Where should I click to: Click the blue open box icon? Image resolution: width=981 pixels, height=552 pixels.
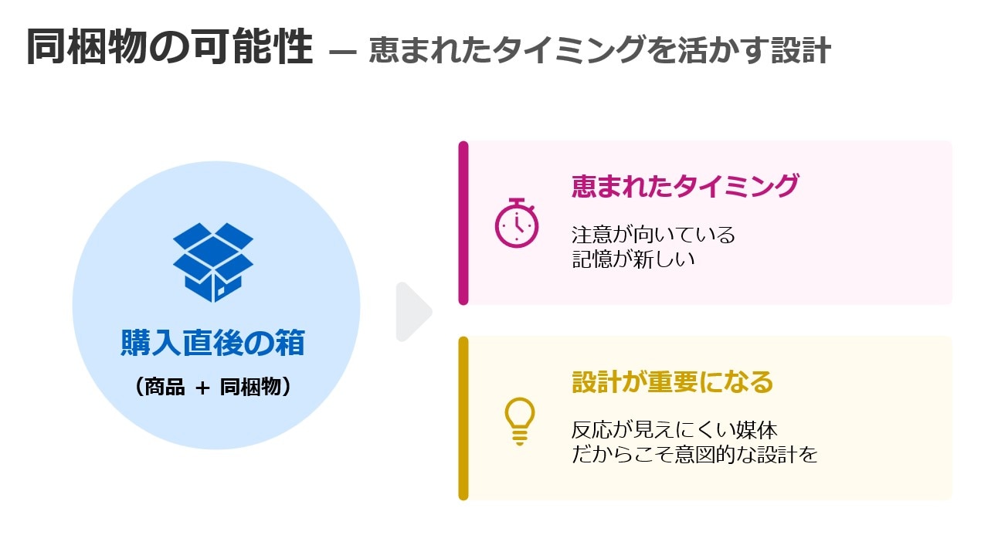[x=213, y=262]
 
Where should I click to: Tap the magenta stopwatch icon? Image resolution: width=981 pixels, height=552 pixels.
[x=516, y=223]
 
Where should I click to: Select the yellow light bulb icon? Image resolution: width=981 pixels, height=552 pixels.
[x=519, y=421]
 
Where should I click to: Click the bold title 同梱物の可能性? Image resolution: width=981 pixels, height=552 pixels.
[x=170, y=46]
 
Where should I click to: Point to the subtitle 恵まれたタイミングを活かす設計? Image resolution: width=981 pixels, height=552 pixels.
[x=599, y=49]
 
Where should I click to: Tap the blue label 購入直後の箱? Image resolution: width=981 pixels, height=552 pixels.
[x=213, y=342]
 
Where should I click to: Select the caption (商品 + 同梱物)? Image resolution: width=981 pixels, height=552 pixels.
[x=213, y=387]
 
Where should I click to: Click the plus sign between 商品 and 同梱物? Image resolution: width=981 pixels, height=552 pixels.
[x=202, y=388]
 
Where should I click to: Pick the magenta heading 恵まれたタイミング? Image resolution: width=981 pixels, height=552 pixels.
[x=685, y=186]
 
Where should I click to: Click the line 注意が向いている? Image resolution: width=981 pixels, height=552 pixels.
[x=653, y=235]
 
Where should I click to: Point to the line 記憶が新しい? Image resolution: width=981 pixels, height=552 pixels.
[x=633, y=259]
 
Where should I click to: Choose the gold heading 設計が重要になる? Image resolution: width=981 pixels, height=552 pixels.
[x=672, y=381]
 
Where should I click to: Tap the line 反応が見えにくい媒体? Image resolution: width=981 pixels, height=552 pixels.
[x=674, y=430]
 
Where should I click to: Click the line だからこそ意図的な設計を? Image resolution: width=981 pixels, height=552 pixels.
[x=694, y=455]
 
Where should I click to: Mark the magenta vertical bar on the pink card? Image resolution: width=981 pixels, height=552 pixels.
[x=463, y=223]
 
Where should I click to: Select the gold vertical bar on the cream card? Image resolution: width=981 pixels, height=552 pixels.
[x=463, y=418]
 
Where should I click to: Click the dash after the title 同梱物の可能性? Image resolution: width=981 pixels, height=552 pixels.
[x=342, y=52]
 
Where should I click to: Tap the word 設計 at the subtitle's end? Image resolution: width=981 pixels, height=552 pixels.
[x=801, y=50]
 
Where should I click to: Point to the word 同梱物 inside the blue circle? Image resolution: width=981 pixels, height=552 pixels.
[x=250, y=387]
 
